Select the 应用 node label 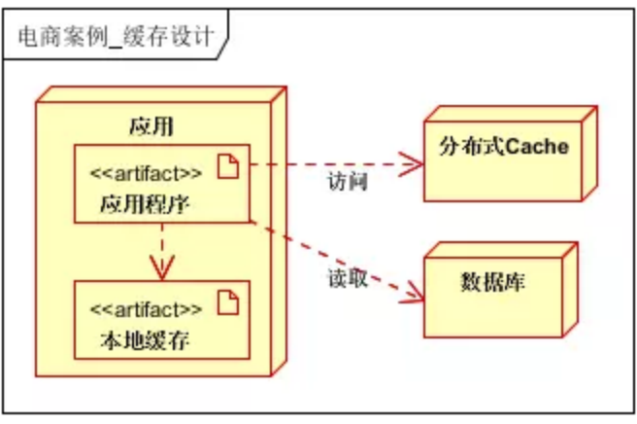pyautogui.click(x=151, y=126)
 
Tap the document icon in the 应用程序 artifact pyautogui.click(x=226, y=170)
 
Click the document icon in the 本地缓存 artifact pyautogui.click(x=226, y=305)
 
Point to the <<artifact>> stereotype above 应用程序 pyautogui.click(x=147, y=174)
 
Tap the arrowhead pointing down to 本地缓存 pyautogui.click(x=163, y=267)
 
